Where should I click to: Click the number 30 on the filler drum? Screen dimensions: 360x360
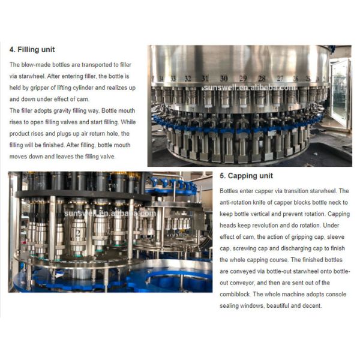(x=224, y=79)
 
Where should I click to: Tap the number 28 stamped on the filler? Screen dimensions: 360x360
(x=262, y=79)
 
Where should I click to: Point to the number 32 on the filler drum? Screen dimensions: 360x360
(x=188, y=79)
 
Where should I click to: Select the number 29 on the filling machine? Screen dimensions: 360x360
(x=243, y=79)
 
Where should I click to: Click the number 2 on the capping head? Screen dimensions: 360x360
(x=78, y=233)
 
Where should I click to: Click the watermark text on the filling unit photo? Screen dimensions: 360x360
(x=250, y=88)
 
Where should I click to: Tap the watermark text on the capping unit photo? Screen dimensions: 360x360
(x=110, y=214)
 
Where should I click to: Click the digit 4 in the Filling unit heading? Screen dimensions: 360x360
(x=11, y=50)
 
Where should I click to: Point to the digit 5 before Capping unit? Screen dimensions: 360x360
(x=222, y=176)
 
